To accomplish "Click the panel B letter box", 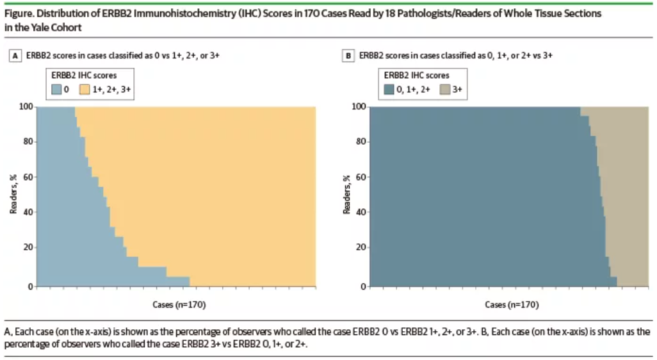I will pos(348,56).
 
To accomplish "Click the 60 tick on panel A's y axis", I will pos(27,177).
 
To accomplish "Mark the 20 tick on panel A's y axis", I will pos(27,247).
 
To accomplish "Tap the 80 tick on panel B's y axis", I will pos(360,142).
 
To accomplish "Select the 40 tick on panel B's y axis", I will pos(360,212).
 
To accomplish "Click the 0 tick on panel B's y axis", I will pos(362,286).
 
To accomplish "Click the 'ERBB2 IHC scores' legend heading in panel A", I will pos(83,75).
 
